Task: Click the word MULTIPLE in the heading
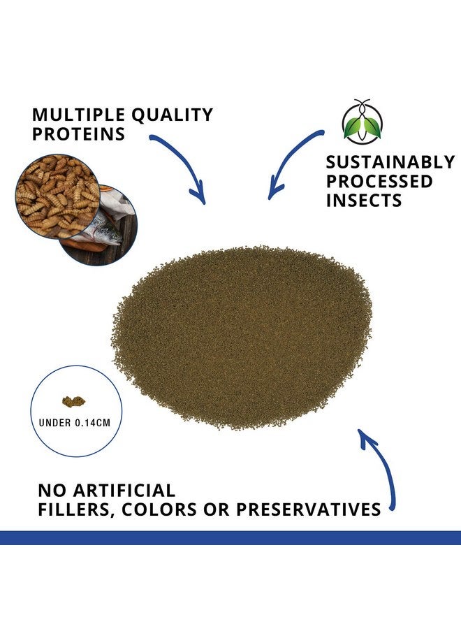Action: (78, 115)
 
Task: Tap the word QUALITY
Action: (173, 115)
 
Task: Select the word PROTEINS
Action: (78, 133)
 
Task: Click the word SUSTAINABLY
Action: (390, 162)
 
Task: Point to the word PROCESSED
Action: (379, 181)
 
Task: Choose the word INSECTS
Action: (364, 200)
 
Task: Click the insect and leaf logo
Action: (363, 122)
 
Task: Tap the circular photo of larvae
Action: (57, 196)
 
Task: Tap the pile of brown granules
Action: (242, 337)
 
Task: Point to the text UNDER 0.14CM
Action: (75, 423)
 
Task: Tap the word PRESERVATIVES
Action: (308, 509)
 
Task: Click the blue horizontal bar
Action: (230, 537)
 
